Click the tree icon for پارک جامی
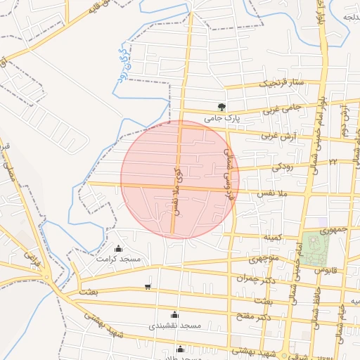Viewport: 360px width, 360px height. coord(221,107)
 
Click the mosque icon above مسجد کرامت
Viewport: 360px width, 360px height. coord(117,248)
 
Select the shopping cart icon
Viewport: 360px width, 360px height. coord(147,286)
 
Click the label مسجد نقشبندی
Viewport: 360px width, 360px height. coord(175,326)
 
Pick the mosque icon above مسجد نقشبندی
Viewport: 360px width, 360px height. coord(174,314)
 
